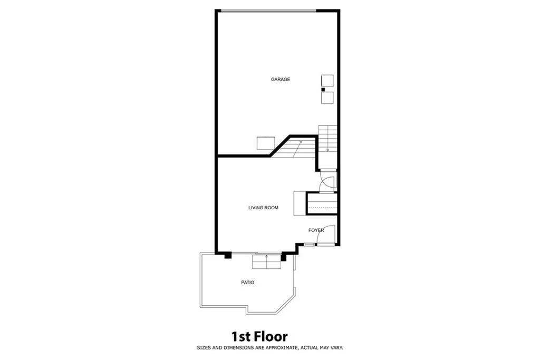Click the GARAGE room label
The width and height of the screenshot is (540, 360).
coord(281,80)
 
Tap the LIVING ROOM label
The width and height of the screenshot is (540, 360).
coord(263,208)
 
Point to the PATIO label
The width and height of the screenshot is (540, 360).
coord(247,283)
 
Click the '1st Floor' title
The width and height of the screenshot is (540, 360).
coord(259,336)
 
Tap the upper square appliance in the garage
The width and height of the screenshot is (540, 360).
coord(327,81)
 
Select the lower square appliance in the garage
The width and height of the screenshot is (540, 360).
coord(328,98)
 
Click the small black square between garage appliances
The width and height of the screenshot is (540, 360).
coord(323,90)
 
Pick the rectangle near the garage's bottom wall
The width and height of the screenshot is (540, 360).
coord(266,143)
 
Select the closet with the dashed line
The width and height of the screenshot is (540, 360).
coord(322,203)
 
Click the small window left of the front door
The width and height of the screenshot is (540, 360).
coord(308,245)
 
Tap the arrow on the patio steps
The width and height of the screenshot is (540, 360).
coord(267,257)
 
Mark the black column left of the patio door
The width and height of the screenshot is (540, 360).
coord(228,256)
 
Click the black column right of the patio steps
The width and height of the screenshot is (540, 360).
coord(284,258)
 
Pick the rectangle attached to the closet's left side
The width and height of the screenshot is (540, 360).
coord(300,203)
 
